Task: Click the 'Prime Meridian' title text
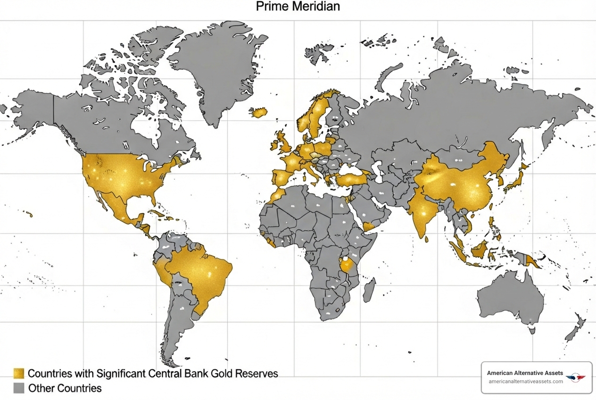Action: (298, 7)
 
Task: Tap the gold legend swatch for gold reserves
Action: (19, 374)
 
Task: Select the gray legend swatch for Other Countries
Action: (19, 388)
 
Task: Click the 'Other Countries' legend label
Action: (65, 388)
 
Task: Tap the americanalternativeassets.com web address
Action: (526, 381)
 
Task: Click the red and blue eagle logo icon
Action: (575, 377)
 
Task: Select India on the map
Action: (422, 212)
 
